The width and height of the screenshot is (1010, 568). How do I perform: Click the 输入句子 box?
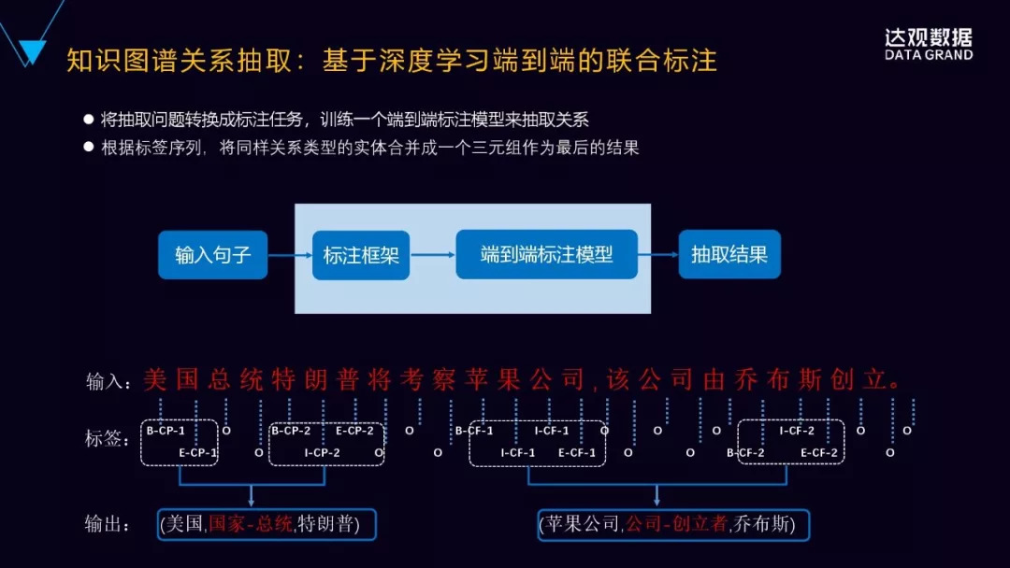[x=212, y=254]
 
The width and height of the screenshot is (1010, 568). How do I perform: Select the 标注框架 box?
[x=361, y=254]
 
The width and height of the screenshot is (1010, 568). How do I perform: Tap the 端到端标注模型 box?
[x=546, y=253]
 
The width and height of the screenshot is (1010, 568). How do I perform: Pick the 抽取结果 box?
[x=729, y=254]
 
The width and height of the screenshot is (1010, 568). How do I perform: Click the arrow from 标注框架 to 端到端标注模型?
[x=433, y=254]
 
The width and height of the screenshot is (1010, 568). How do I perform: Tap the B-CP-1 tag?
[x=166, y=432]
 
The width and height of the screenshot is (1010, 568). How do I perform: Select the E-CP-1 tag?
[x=197, y=453]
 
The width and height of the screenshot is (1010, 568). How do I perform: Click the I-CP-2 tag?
[x=323, y=453]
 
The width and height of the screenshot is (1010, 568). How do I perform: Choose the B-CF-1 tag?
[x=474, y=432]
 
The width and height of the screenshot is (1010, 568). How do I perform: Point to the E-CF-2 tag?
[x=819, y=453]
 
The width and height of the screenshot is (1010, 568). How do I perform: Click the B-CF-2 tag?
[x=746, y=453]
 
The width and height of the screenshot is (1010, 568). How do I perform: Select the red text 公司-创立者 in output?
[x=676, y=524]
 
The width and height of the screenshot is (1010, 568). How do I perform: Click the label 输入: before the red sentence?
[x=105, y=381]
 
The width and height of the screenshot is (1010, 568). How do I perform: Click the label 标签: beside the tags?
[x=107, y=438]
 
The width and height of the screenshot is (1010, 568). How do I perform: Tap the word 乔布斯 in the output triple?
[x=765, y=524]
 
